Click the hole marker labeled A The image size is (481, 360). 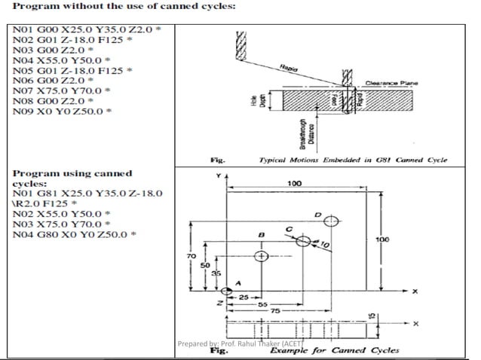(228, 291)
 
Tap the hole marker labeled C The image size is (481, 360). (303, 242)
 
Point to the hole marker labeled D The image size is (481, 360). (332, 221)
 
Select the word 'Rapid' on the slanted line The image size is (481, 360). (286, 68)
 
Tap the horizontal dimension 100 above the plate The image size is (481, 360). (294, 183)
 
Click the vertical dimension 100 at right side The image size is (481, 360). (381, 239)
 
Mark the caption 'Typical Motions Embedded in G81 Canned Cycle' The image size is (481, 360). (353, 160)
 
